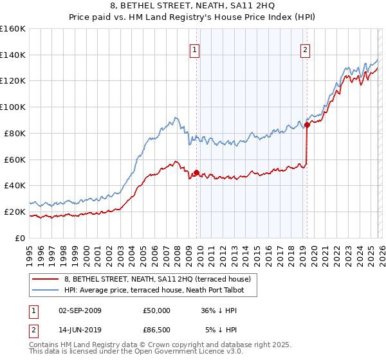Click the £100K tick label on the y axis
point(13,107)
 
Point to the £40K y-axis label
point(15,185)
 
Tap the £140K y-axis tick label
point(13,55)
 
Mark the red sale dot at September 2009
point(196,172)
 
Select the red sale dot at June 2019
point(307,125)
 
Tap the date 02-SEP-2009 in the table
point(80,310)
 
